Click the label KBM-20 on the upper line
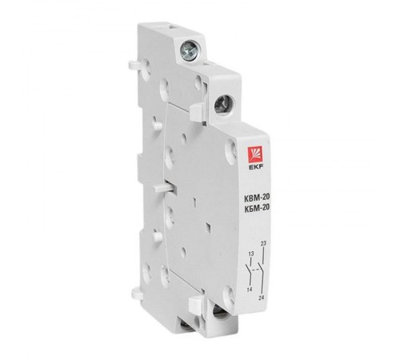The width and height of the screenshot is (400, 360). (257, 197)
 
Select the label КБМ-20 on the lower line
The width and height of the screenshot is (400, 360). (257, 207)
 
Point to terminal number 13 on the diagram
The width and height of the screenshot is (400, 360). (251, 254)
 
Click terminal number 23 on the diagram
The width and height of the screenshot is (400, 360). (263, 243)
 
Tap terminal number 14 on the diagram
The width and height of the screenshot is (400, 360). (250, 290)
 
